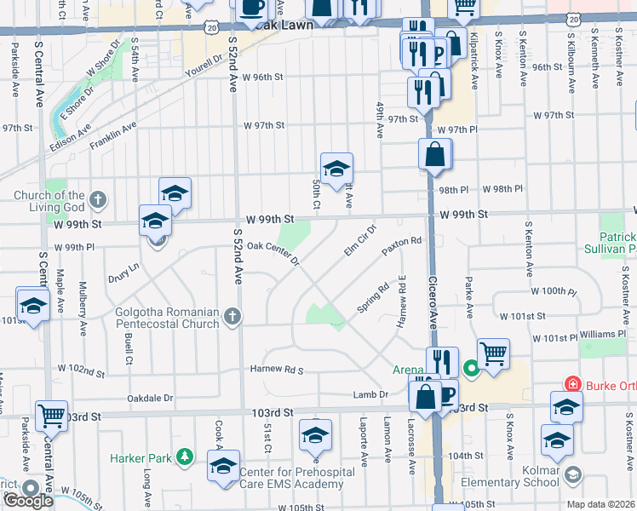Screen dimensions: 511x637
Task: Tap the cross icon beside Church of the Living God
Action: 98,201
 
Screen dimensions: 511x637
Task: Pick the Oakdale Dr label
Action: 150,398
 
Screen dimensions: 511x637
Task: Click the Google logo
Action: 27,500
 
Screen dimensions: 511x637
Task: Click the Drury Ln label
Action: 123,273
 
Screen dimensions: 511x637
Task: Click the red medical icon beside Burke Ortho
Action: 572,384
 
